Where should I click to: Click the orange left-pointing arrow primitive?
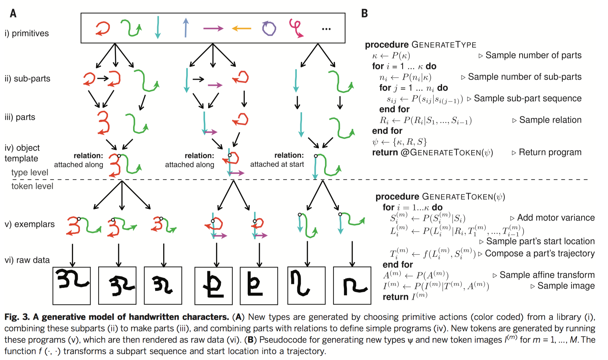(x=241, y=29)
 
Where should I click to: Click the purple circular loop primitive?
(x=269, y=28)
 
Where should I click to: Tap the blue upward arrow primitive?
(x=186, y=27)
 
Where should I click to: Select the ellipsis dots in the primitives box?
(x=326, y=29)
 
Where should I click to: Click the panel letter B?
(x=364, y=13)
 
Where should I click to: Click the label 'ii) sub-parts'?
(x=27, y=78)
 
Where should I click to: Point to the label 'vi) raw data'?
(x=27, y=260)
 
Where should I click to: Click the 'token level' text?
(x=32, y=186)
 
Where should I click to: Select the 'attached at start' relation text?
(x=277, y=164)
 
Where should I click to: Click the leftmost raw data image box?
(x=72, y=286)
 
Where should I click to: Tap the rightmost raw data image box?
(x=352, y=286)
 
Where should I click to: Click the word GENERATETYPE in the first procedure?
(x=444, y=45)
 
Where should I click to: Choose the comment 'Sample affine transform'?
(x=547, y=275)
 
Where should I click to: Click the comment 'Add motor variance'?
(x=556, y=218)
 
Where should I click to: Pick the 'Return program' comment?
(x=550, y=152)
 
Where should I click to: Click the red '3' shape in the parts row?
(x=103, y=123)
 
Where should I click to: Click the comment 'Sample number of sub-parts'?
(x=525, y=77)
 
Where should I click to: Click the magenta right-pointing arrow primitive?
(x=213, y=28)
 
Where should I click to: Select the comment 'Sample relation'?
(x=550, y=120)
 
